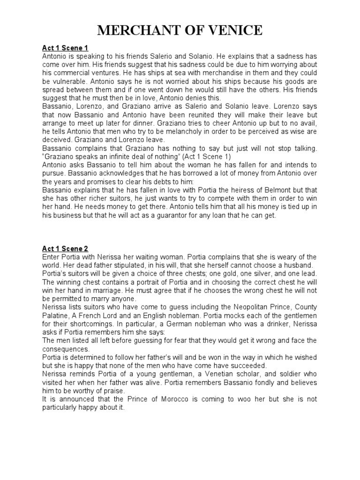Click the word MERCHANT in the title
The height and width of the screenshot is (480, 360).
point(138,31)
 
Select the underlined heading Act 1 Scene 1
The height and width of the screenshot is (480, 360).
point(65,48)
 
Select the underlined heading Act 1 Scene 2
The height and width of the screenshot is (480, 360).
point(65,248)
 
